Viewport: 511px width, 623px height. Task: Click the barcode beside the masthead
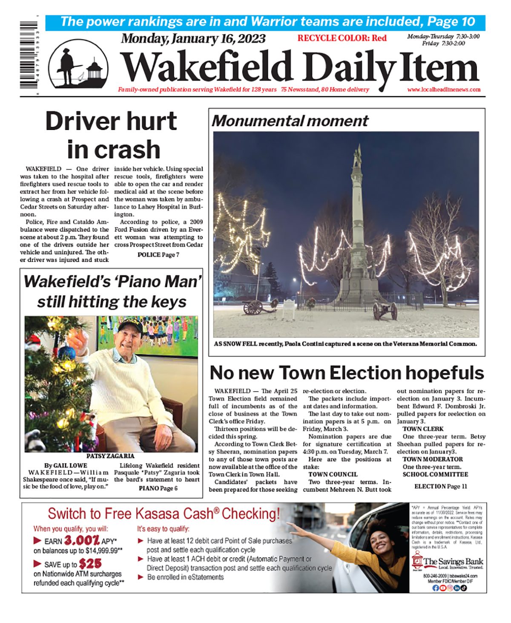pyautogui.click(x=29, y=55)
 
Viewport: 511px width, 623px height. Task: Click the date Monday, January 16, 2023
pyautogui.click(x=193, y=39)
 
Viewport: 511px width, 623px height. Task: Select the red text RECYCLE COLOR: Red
pyautogui.click(x=342, y=38)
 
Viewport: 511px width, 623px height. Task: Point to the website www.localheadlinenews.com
pyautogui.click(x=444, y=89)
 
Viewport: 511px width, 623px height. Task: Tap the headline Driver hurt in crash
pyautogui.click(x=112, y=135)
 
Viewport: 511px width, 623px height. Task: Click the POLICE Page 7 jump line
pyautogui.click(x=158, y=255)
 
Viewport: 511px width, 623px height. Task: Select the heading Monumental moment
pyautogui.click(x=290, y=121)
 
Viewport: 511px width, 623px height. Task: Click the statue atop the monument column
pyautogui.click(x=357, y=156)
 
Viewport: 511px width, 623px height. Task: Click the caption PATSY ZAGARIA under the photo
pyautogui.click(x=110, y=456)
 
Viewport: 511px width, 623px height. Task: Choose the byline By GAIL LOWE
pyautogui.click(x=66, y=465)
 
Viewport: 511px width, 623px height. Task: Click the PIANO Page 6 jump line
pyautogui.click(x=158, y=488)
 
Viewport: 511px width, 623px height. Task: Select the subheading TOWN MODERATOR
pyautogui.click(x=433, y=459)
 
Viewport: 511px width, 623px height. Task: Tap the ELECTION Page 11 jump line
pyautogui.click(x=440, y=486)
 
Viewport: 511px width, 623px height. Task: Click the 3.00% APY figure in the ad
pyautogui.click(x=82, y=541)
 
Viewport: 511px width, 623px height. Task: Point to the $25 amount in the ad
pyautogui.click(x=90, y=564)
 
